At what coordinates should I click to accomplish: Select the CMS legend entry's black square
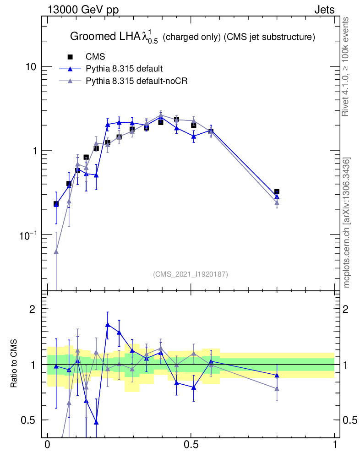click(x=70, y=57)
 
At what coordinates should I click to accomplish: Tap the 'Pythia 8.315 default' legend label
click(x=124, y=69)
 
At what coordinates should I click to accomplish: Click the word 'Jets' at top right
click(x=324, y=10)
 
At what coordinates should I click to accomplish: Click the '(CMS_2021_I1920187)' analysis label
click(x=191, y=274)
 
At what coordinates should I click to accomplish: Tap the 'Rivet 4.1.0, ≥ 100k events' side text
click(x=346, y=66)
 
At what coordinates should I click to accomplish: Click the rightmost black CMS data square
click(x=277, y=192)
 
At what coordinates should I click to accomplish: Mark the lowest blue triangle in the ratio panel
click(x=96, y=422)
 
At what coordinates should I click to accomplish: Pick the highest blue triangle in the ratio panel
click(x=108, y=325)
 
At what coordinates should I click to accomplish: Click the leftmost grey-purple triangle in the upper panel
click(x=56, y=251)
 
